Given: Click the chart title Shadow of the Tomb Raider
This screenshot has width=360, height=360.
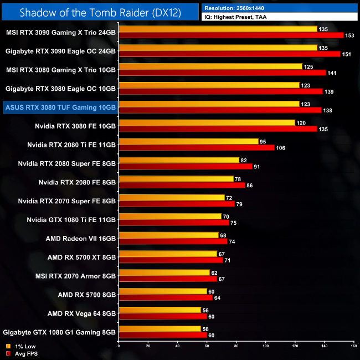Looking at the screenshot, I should click(100, 12).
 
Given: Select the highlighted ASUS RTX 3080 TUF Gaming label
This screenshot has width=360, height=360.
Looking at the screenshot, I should click(59, 106).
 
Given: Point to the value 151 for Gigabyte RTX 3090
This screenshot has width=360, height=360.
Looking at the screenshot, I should click(347, 54).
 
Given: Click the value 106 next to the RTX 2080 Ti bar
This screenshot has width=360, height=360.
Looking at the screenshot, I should click(281, 148).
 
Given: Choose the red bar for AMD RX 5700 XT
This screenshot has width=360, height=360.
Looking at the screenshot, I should click(171, 260).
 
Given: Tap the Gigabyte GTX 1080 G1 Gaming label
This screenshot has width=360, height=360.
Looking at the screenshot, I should click(59, 332).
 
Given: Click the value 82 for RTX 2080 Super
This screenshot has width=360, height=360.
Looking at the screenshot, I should click(244, 160).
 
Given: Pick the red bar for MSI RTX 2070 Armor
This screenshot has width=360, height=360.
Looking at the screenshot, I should click(168, 279).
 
